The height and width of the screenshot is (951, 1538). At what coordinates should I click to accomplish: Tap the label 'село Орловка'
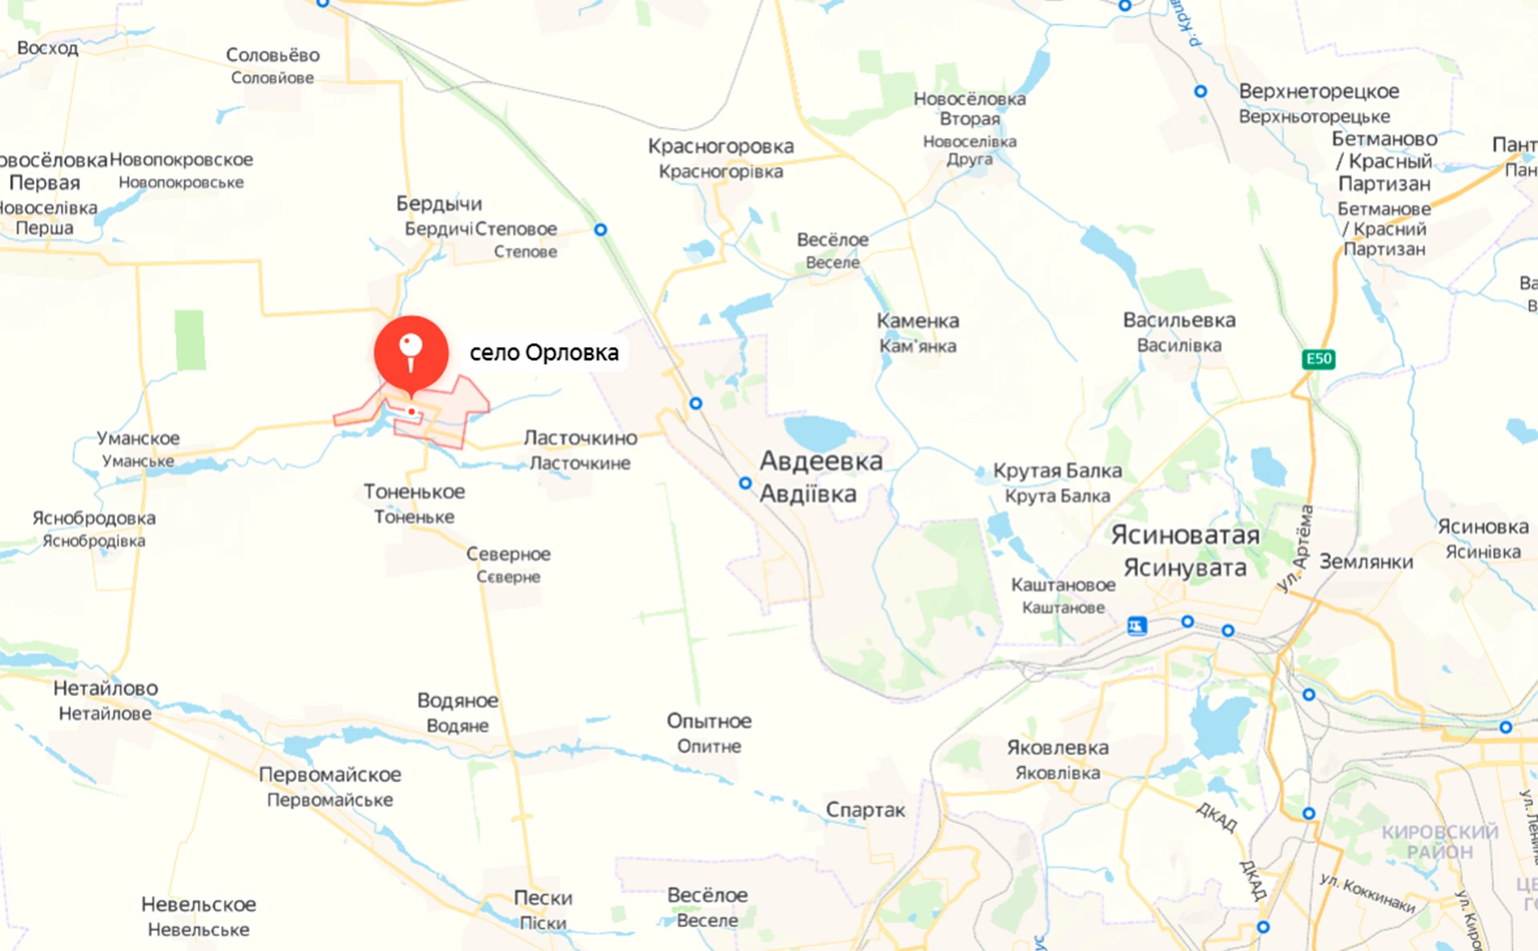544,353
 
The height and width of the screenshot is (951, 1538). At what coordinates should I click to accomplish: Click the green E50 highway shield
1319,359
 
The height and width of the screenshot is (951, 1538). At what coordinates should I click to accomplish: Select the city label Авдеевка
820,461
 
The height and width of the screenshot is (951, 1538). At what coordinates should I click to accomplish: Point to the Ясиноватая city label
1185,534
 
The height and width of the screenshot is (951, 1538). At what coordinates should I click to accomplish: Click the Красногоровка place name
721,147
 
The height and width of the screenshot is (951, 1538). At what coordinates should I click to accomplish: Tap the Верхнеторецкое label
1319,91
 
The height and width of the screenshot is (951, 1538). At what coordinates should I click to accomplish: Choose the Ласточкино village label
580,438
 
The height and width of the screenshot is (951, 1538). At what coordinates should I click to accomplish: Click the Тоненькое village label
414,492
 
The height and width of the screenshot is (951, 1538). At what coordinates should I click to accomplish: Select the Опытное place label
709,721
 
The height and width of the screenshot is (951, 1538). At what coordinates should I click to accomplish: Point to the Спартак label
865,810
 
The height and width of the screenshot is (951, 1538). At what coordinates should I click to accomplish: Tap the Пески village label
543,898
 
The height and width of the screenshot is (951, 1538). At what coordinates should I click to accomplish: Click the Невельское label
199,905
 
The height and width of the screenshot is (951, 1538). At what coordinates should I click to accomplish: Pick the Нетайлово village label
106,688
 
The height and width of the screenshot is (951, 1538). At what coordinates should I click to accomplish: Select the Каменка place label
917,321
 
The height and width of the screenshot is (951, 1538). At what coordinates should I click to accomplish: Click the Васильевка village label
1179,320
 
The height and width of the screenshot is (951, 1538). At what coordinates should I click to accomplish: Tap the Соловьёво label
272,55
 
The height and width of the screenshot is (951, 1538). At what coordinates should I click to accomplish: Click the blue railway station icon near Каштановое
1137,626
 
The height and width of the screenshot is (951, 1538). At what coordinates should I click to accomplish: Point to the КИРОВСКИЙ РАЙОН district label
1439,841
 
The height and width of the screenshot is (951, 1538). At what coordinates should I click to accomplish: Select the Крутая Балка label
1057,471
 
